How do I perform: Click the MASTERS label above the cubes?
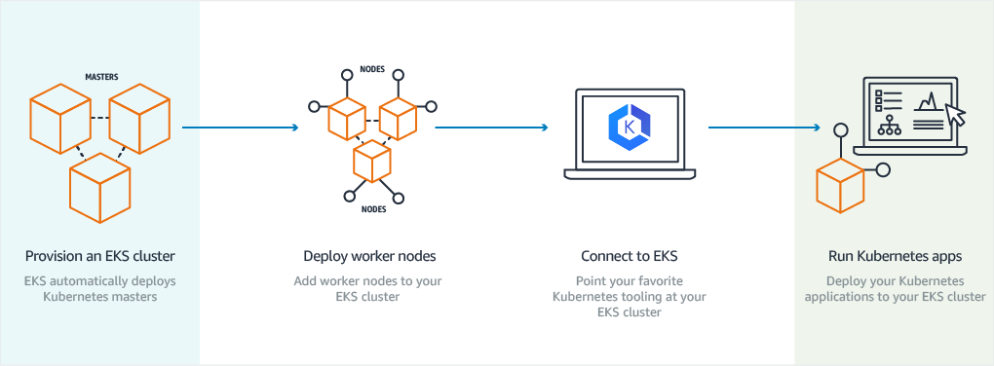click(101, 75)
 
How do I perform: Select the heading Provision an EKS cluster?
click(100, 257)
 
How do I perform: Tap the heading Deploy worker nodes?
click(369, 257)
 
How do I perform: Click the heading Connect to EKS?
click(629, 257)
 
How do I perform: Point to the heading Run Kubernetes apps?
click(894, 257)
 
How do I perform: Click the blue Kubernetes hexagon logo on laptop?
click(629, 128)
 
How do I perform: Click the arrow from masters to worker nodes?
click(240, 127)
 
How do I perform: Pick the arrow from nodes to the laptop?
click(491, 127)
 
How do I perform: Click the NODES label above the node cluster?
click(372, 70)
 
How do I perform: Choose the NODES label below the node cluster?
click(372, 208)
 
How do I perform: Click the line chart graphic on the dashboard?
click(929, 101)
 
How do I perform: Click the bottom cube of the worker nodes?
click(371, 161)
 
